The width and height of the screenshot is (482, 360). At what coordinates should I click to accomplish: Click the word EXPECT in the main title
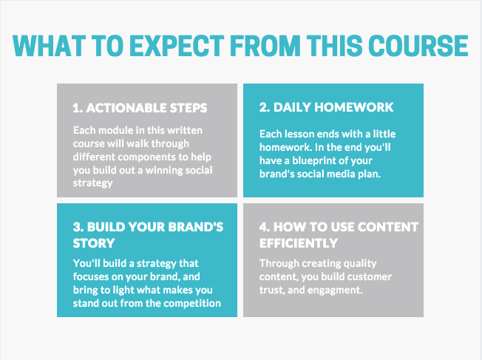(177, 46)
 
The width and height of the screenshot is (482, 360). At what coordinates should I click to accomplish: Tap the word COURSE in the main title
(418, 46)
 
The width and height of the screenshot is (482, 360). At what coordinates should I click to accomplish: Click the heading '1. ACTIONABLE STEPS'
(140, 108)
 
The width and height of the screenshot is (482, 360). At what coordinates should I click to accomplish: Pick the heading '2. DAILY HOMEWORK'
(326, 107)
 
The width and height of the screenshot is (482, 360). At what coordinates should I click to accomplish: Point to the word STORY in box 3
(94, 243)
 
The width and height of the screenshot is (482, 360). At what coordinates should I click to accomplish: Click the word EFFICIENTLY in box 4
(299, 243)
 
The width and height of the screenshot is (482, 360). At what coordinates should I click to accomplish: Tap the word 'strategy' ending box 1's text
(93, 183)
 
